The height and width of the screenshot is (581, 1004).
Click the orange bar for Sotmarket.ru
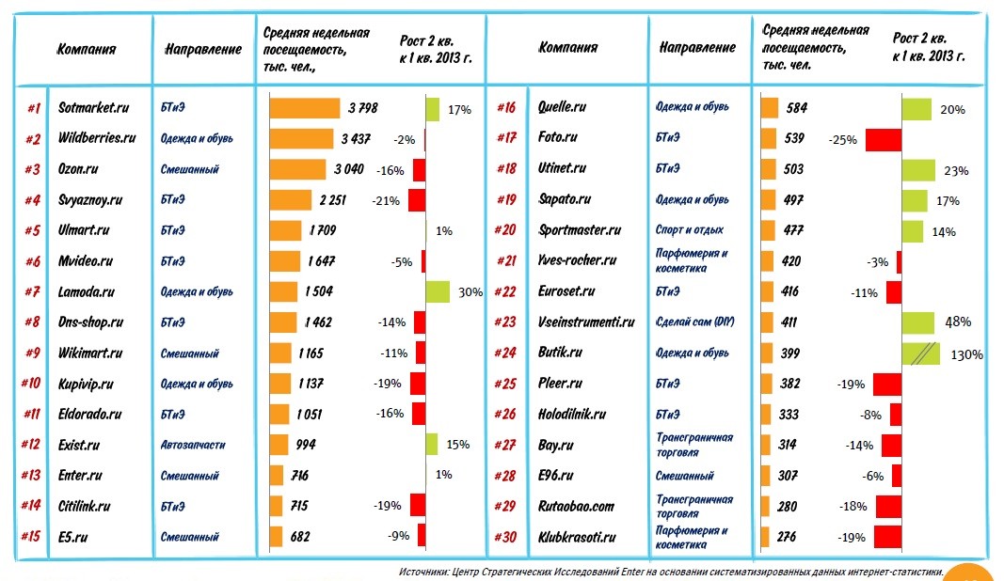pos(304,108)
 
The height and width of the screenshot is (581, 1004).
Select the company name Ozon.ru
pos(79,169)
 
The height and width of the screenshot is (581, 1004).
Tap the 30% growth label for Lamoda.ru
pos(470,292)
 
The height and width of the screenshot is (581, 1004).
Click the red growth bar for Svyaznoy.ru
pos(416,200)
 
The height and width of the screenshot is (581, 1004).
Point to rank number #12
pos(30,445)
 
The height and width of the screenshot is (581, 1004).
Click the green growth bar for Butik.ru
pos(920,353)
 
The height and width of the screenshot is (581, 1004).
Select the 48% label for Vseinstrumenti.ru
pos(958,322)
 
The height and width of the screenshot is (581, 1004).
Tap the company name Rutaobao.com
pos(575,507)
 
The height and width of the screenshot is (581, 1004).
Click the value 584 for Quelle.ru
pos(797,108)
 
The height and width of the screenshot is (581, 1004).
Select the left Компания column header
pos(87,49)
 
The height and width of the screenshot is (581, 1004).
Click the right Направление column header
pos(697,47)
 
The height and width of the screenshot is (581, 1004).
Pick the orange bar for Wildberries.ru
pos(301,139)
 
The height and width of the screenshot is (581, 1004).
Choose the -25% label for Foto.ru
pos(842,140)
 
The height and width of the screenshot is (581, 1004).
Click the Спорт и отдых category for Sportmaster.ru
pos(689,230)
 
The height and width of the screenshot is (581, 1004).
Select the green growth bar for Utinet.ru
pos(917,169)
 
